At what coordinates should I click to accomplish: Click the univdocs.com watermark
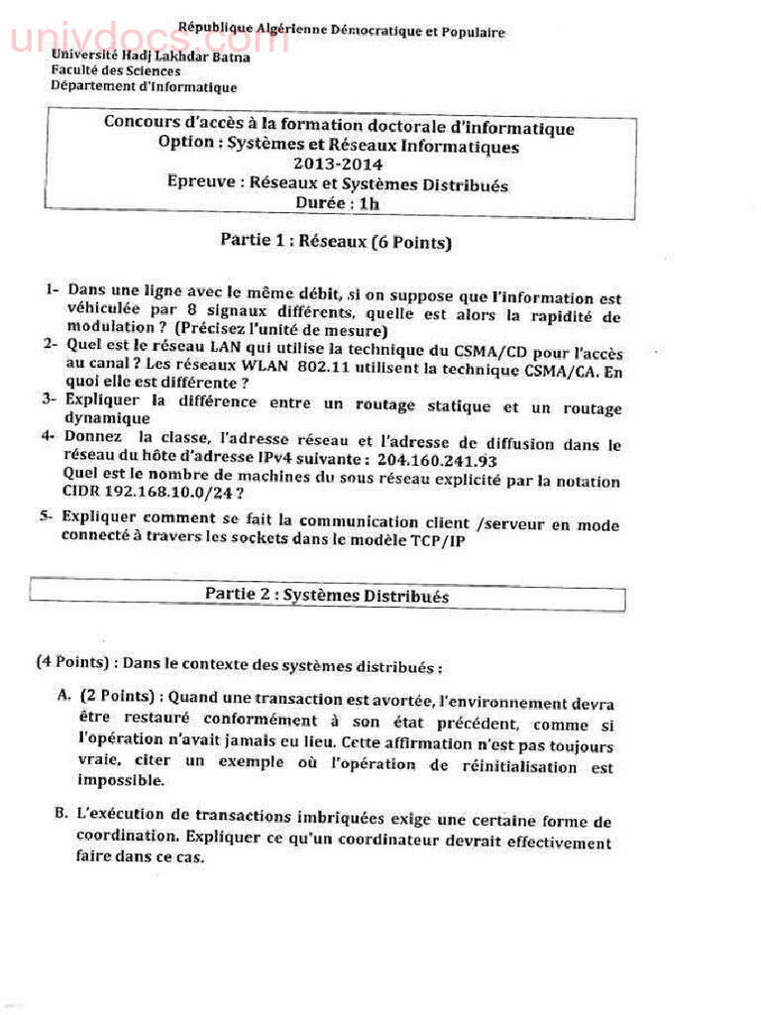pos(149,40)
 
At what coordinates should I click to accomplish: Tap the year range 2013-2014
pos(338,165)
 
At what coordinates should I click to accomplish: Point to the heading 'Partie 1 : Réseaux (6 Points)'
pos(335,240)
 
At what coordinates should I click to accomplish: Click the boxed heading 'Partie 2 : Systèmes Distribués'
pos(326,596)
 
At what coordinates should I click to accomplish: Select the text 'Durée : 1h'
pos(337,203)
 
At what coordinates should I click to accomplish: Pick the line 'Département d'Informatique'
pos(144,86)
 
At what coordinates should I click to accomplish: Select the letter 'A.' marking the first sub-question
pos(64,697)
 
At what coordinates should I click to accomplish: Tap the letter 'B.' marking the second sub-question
pos(61,813)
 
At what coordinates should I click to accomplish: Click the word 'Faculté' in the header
pos(76,71)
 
